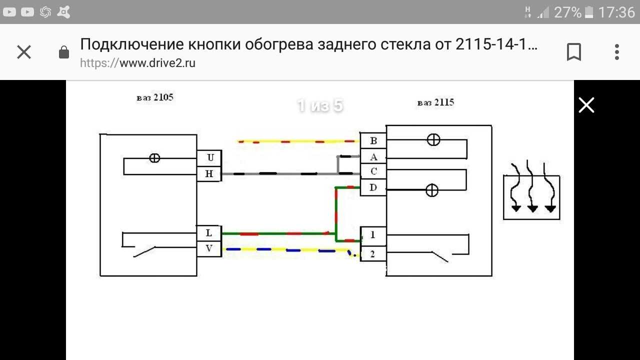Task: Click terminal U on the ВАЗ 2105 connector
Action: pos(209,158)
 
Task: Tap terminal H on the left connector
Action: pos(209,174)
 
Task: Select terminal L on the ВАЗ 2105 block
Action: pos(209,233)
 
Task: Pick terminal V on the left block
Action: pos(209,248)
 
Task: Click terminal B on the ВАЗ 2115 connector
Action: pos(373,141)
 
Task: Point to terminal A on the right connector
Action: pos(373,156)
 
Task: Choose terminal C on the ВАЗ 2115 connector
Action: pos(373,171)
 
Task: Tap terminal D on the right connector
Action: pos(373,188)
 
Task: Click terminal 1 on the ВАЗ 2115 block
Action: pos(373,234)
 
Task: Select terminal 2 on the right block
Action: pos(373,254)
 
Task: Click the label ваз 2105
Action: pos(155,97)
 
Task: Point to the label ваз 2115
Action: pos(435,103)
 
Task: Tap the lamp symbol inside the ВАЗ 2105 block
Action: pos(155,158)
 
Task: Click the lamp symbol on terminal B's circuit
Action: pos(433,140)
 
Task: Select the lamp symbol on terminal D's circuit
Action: pos(431,190)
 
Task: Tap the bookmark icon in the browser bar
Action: pos(573,52)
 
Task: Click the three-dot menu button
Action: pos(616,52)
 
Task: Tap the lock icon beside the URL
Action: pos(64,52)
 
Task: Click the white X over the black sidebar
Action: pos(586,105)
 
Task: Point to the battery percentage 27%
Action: pos(567,12)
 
